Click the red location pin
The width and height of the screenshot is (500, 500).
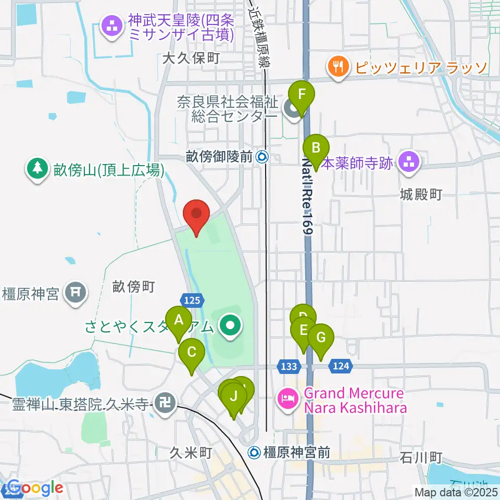click(196, 215)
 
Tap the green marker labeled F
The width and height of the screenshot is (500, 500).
click(302, 95)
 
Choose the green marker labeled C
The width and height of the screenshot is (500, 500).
click(192, 353)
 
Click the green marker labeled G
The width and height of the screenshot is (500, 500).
click(321, 338)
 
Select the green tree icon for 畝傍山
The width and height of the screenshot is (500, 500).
click(37, 169)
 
